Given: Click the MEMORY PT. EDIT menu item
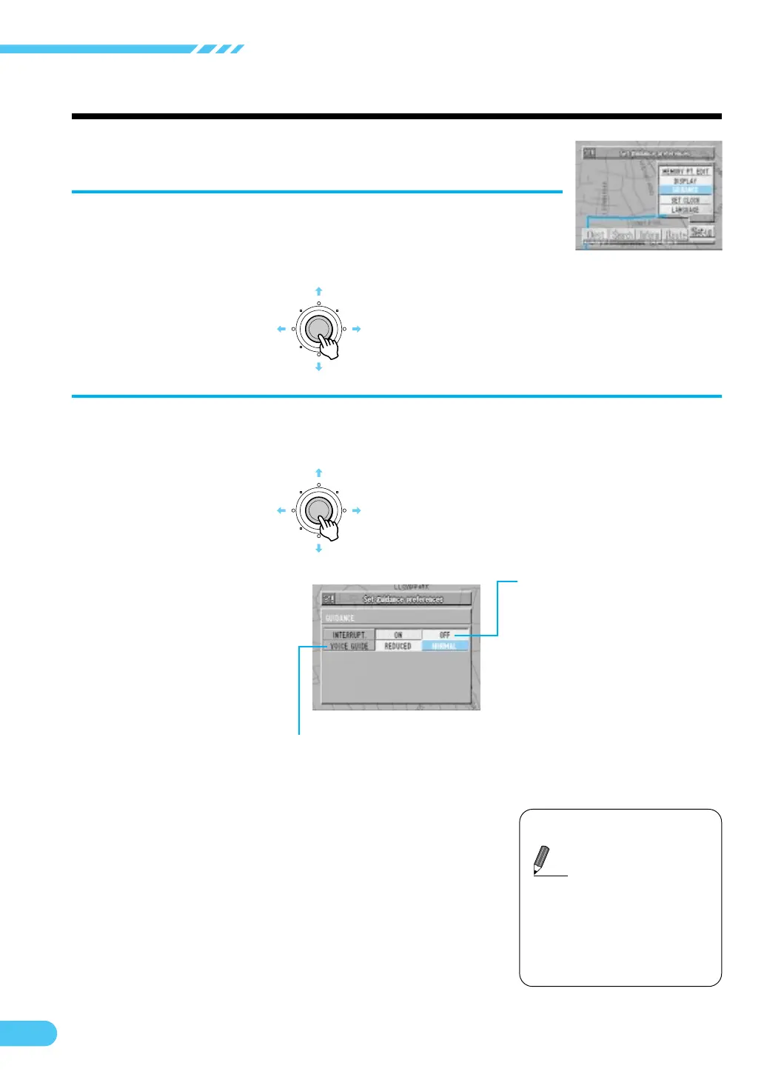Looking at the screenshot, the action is pos(685,171).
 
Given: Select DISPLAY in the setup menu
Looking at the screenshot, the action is pos(685,181).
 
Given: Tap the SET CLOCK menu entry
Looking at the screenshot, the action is pos(685,200).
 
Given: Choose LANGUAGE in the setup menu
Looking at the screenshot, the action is pos(685,210).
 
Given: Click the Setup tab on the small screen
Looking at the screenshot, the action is pos(701,232).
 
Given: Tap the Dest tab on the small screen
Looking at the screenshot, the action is pos(595,236).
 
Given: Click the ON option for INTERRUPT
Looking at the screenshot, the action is pos(398,635).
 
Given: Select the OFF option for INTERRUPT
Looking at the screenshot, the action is pos(445,635).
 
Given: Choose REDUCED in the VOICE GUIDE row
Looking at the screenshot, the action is pos(398,646).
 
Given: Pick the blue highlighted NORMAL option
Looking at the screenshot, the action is pos(445,646).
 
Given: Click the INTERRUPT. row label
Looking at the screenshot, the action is pos(349,635).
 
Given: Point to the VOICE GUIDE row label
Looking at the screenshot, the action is pos(349,646).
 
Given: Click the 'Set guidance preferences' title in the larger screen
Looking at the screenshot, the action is pos(403,599).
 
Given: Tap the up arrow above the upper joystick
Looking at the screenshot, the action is pos(318,292).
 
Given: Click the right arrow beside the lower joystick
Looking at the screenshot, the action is pos(356,510).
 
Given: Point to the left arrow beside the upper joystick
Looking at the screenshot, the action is pos(281,329).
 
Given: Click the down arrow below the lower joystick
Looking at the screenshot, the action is pos(318,548).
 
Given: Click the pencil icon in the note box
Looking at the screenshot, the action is pos(542,860).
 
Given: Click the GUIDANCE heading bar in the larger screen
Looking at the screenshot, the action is pos(396,617).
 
